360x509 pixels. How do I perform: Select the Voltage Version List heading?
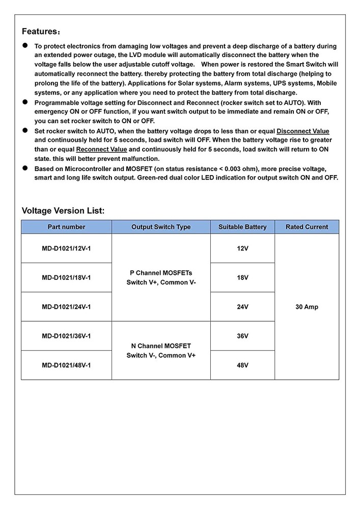point(63,211)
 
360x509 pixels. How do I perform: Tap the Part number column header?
point(66,227)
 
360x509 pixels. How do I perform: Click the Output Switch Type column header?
point(161,227)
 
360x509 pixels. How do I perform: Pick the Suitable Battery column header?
point(242,227)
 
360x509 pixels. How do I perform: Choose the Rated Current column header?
point(307,227)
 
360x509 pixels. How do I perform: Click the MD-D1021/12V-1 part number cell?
point(66,248)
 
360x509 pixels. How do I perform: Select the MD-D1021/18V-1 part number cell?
point(66,277)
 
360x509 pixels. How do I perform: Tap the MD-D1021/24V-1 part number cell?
point(66,307)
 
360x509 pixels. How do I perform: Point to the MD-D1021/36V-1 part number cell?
point(66,336)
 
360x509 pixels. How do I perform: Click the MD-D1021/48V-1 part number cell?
point(66,365)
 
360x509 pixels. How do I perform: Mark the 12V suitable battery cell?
point(242,248)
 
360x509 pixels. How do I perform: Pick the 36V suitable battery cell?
point(242,336)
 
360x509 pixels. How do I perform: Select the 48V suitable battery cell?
point(242,365)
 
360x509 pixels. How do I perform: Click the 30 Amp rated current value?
point(307,307)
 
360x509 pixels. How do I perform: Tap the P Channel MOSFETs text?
point(161,273)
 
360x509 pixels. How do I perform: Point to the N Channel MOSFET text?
point(161,346)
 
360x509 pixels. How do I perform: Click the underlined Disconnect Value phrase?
point(302,131)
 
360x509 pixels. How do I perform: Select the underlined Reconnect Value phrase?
point(101,149)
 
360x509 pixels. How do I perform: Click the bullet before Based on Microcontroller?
point(24,167)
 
